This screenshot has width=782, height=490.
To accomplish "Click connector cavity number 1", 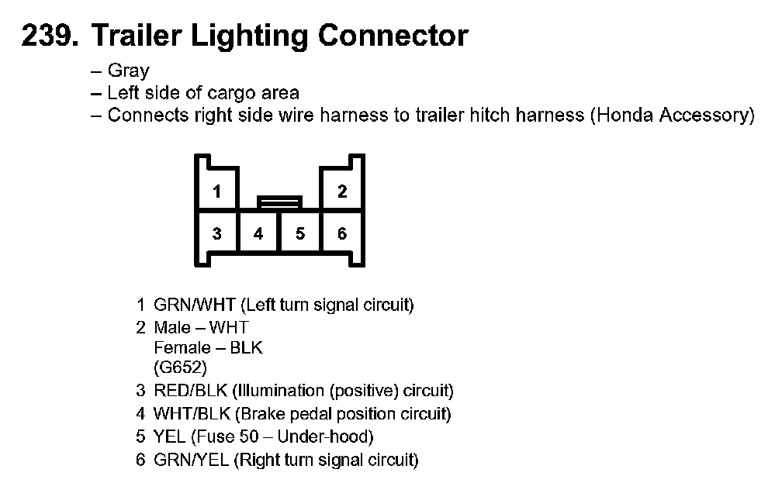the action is [x=217, y=192].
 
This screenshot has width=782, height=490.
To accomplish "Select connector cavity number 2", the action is [x=342, y=192].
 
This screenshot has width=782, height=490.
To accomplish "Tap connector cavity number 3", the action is [x=217, y=233].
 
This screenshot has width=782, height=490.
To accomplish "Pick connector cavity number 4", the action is [x=258, y=233].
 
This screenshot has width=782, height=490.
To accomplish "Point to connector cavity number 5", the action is [x=300, y=233].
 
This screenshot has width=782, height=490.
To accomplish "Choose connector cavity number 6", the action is [x=342, y=233].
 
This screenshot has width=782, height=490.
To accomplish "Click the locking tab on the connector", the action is [x=279, y=203].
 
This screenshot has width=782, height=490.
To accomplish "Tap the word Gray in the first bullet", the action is [x=128, y=71].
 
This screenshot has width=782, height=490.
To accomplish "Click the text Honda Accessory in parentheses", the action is [x=670, y=116].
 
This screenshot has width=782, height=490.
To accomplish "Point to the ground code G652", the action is [x=181, y=367].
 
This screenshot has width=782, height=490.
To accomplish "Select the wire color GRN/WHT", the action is [x=195, y=305].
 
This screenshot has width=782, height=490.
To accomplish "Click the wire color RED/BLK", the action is [x=190, y=391].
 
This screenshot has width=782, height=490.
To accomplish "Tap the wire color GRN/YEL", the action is [x=192, y=460].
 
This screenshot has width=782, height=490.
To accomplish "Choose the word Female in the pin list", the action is [x=180, y=347].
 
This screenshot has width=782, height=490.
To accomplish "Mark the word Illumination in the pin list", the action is [x=272, y=391].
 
